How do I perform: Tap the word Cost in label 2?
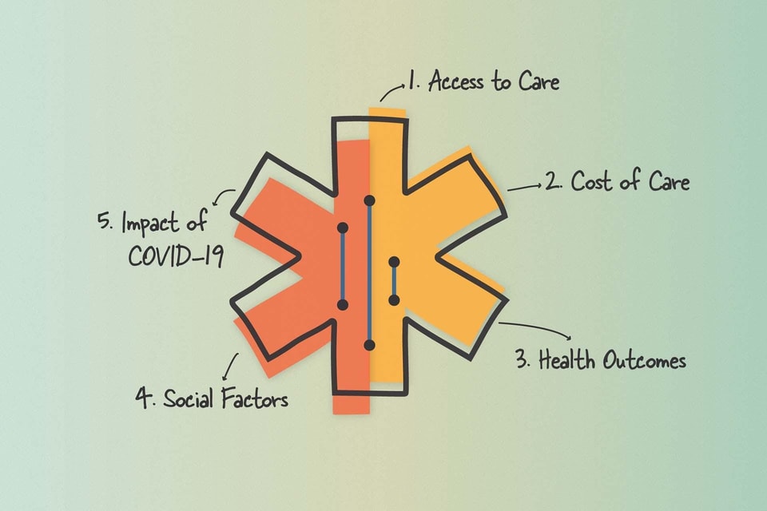click(x=593, y=182)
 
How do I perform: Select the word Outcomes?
click(x=644, y=361)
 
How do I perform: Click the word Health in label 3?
click(x=566, y=361)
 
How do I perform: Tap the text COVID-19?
click(x=176, y=257)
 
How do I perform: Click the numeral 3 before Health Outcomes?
click(x=523, y=361)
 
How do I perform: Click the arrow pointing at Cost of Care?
click(x=524, y=186)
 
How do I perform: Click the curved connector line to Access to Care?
click(x=391, y=93)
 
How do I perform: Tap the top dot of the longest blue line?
click(x=369, y=200)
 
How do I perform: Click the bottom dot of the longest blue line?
click(x=369, y=345)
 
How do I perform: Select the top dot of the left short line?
click(x=342, y=228)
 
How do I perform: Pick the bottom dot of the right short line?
click(x=393, y=300)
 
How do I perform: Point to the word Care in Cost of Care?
click(x=667, y=182)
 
